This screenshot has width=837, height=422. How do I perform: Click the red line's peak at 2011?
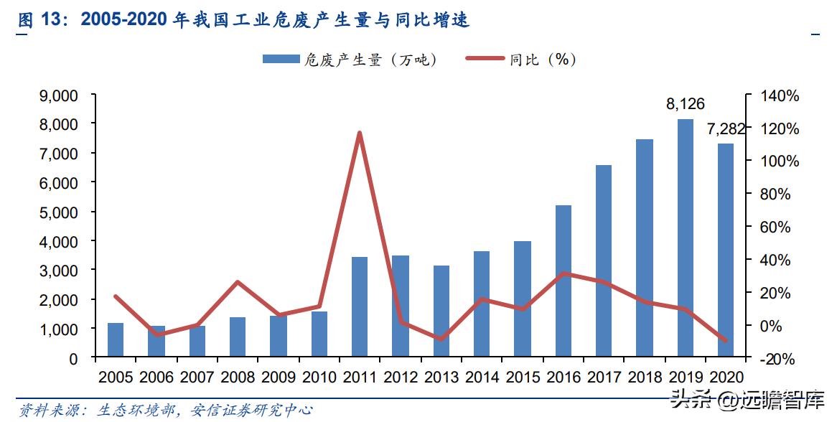click(x=360, y=133)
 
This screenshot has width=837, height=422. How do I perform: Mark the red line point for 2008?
click(x=238, y=282)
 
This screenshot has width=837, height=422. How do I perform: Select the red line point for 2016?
click(x=564, y=273)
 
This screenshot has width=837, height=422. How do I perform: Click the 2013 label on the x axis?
click(x=441, y=377)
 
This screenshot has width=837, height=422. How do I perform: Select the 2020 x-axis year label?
click(x=726, y=377)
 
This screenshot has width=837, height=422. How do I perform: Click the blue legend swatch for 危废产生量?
click(x=281, y=60)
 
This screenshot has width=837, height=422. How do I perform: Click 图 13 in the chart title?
click(x=36, y=19)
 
